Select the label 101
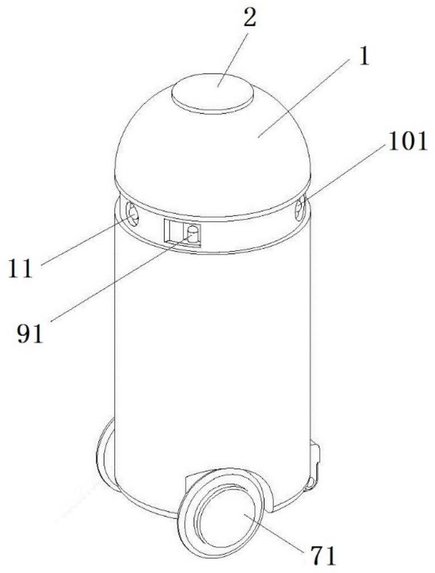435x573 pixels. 408,142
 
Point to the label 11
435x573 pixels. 21,269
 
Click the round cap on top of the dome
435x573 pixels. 213,93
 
